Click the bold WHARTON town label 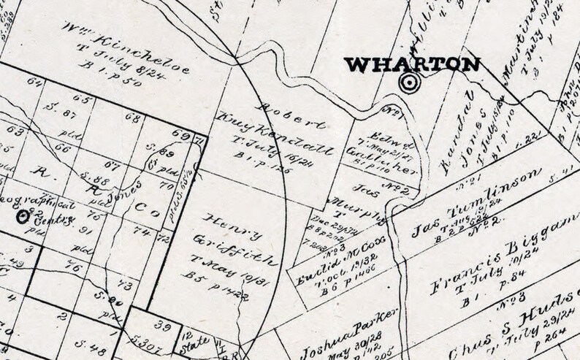click(x=413, y=65)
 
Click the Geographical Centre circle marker click(x=23, y=215)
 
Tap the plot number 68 click(x=132, y=118)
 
